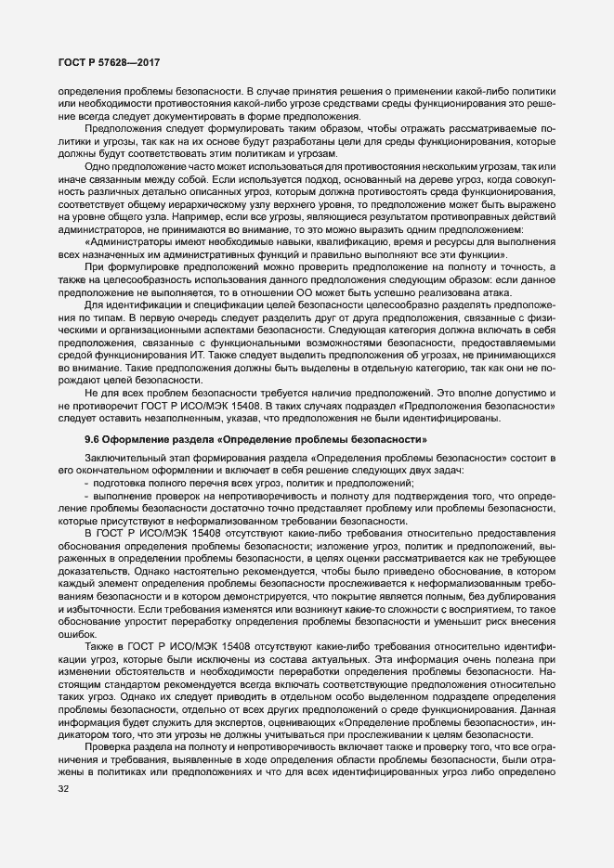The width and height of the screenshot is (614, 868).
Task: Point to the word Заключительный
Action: [124, 459]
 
